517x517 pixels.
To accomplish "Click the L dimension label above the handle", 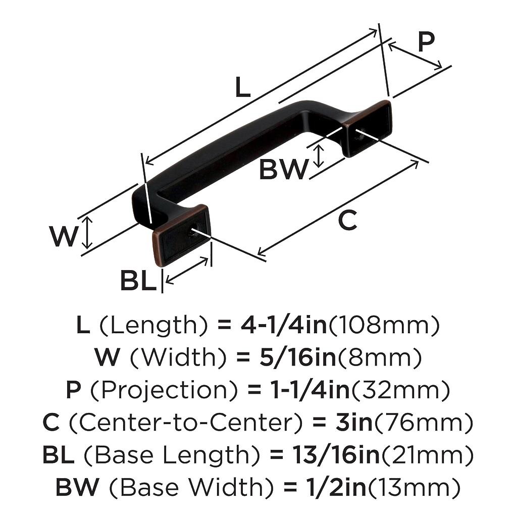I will [242, 89].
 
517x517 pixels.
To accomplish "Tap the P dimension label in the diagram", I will [426, 43].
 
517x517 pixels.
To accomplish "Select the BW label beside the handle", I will [283, 170].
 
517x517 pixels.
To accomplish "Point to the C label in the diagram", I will [347, 221].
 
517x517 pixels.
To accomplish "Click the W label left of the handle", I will [64, 236].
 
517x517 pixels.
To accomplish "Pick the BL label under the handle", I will [138, 281].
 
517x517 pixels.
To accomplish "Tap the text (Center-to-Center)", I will [181, 423].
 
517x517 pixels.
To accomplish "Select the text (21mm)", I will [427, 455].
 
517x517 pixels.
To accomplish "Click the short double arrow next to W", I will [88, 233].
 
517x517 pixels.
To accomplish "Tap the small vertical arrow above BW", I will [319, 156].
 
